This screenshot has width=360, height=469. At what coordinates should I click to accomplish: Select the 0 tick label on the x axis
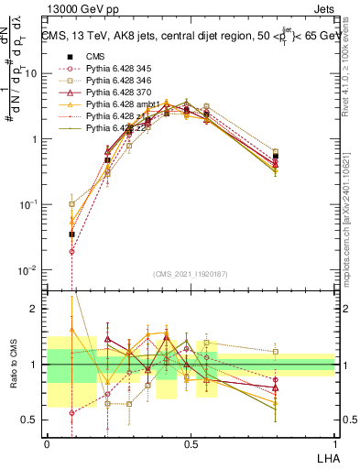tap(47, 443)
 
